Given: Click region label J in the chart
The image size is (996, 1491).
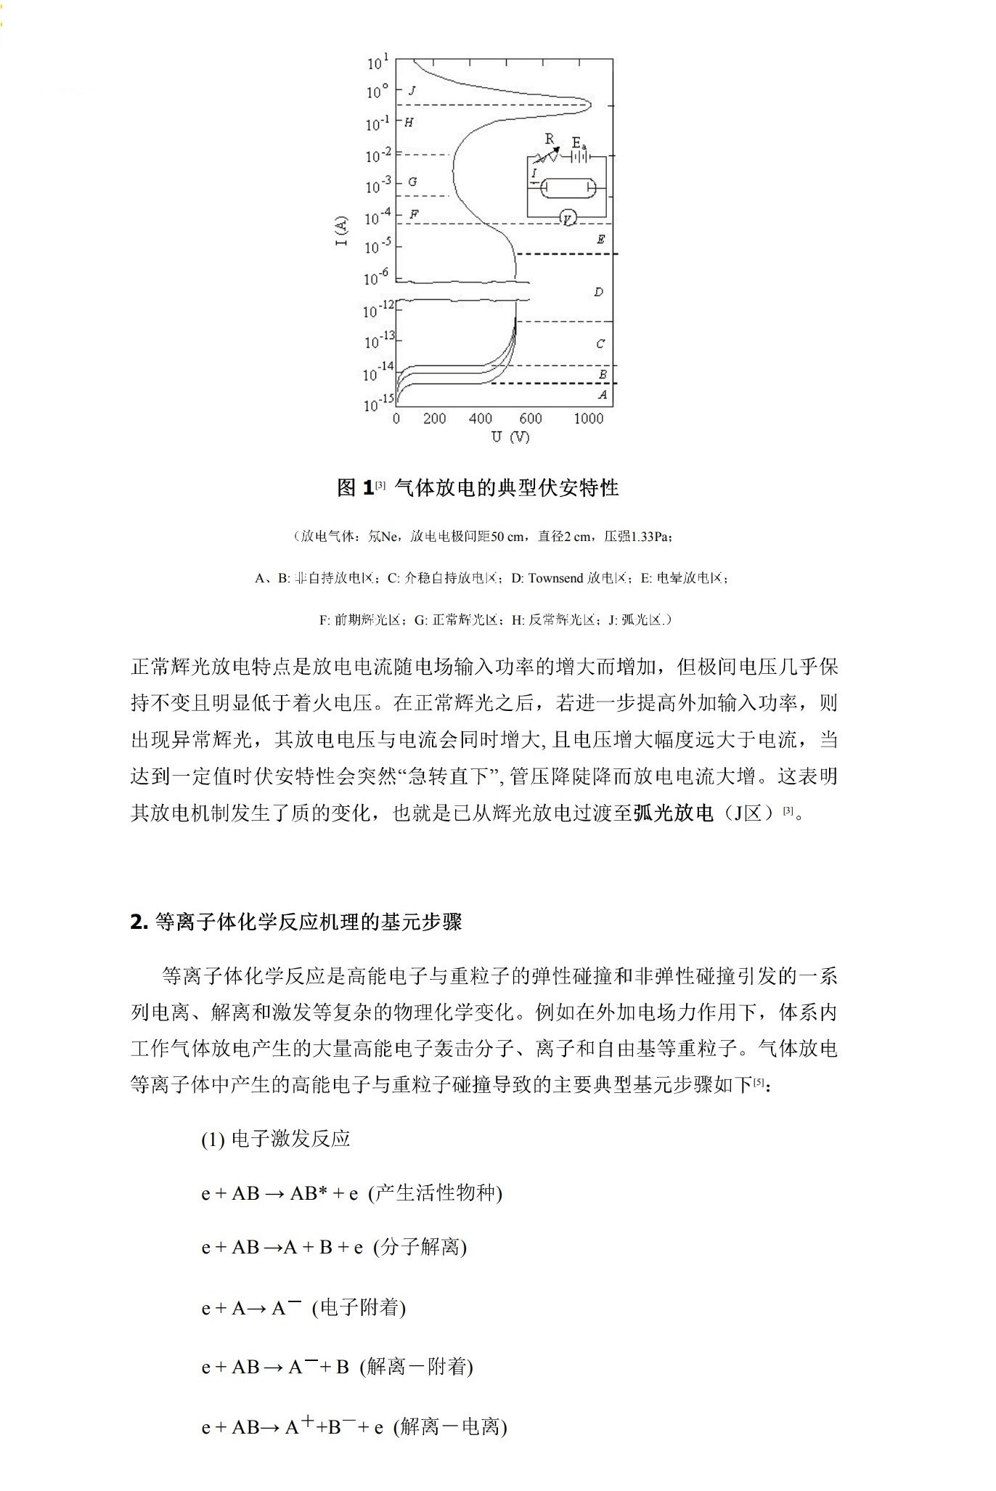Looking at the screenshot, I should (412, 91).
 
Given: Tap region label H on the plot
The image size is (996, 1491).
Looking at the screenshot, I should (409, 123).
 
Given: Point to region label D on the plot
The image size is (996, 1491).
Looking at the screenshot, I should (598, 292).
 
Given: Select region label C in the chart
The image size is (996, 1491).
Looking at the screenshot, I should (600, 344).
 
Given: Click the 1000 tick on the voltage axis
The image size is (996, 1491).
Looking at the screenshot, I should (588, 418).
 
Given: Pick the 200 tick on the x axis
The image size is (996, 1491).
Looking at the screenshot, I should (434, 418).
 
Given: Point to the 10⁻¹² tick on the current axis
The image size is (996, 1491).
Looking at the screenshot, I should (378, 310).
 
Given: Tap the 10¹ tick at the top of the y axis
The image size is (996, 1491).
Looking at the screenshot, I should (377, 62).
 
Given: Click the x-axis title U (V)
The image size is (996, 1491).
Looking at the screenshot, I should (510, 436).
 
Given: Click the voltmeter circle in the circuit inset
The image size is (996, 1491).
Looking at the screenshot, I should (568, 217).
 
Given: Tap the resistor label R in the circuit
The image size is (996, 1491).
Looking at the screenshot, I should (549, 139).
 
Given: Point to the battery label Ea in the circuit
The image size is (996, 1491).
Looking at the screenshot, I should (579, 142).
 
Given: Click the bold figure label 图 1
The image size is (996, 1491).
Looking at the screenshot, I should (356, 487).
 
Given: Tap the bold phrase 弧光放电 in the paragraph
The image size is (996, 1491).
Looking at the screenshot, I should (674, 813).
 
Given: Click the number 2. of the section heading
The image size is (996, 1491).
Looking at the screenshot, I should (139, 922).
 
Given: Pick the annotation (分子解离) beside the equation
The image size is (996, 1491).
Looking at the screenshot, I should (420, 1247).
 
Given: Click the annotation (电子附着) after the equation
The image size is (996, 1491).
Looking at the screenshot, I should (359, 1308).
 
